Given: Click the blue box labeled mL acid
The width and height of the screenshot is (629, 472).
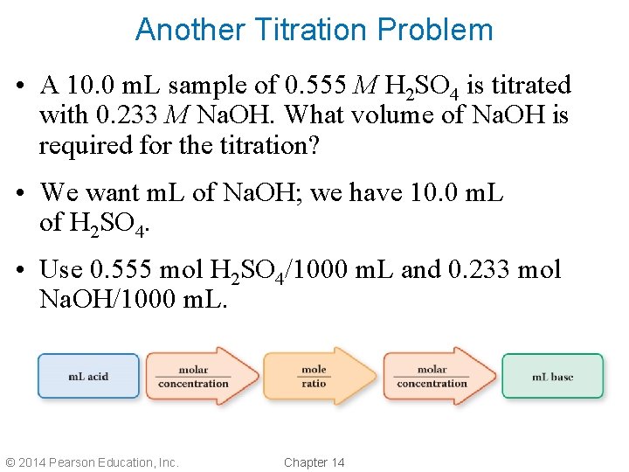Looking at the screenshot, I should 88,377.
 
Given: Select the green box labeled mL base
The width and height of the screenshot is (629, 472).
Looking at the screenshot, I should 552,377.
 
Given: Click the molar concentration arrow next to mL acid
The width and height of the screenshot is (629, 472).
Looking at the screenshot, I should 198,377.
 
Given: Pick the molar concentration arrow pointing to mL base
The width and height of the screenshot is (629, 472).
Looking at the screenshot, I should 437,377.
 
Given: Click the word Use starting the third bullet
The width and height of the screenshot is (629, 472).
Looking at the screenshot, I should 61,269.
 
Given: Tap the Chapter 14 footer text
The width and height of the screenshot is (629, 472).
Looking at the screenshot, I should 314,462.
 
